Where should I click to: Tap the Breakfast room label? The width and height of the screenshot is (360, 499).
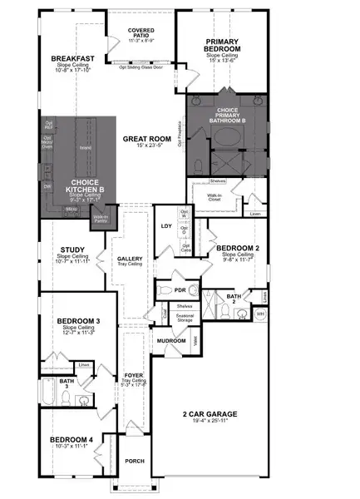(x=72, y=58)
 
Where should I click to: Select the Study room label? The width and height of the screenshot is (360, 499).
(x=72, y=248)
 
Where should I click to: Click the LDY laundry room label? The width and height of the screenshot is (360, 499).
(x=166, y=225)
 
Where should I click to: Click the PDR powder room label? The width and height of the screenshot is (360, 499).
(x=180, y=290)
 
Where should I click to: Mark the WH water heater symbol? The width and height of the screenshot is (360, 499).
(x=259, y=314)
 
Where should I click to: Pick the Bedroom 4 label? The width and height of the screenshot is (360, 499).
(x=70, y=439)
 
